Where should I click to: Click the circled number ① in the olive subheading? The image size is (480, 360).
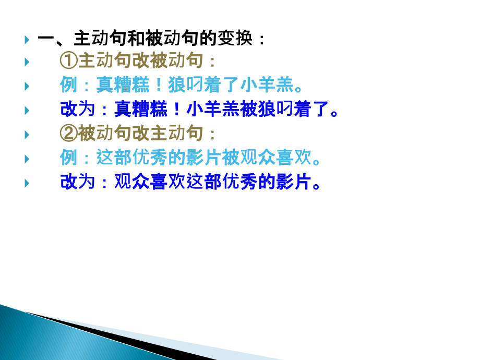(69, 62)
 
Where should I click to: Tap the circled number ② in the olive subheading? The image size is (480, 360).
(69, 134)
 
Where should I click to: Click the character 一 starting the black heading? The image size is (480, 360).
(46, 39)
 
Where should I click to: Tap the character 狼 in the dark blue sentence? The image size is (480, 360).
(267, 110)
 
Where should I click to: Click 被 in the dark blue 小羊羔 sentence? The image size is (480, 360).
(249, 110)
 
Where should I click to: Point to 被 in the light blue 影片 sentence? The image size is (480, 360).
(230, 158)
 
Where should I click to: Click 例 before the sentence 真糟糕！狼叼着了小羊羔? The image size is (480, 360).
(69, 86)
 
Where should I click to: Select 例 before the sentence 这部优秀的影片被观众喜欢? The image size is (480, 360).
(69, 158)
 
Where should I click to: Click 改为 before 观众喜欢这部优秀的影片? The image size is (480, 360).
(78, 183)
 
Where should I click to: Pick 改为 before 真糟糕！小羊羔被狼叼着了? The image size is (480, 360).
(78, 110)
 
